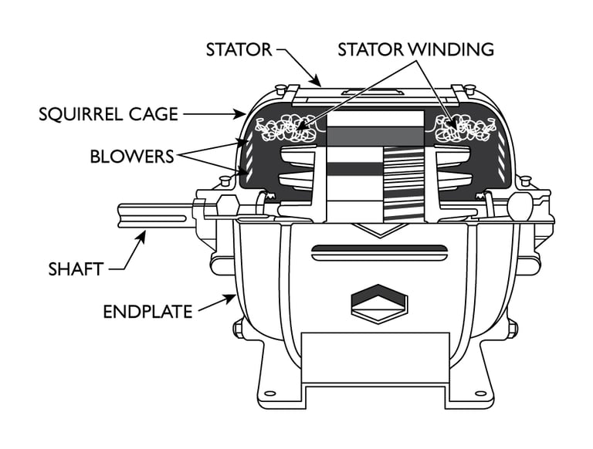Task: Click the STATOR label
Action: tap(239, 50)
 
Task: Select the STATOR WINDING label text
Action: tap(415, 50)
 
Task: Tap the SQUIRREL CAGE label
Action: tap(108, 115)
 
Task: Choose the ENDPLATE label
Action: tap(147, 312)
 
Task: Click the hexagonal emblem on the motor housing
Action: tap(378, 301)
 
